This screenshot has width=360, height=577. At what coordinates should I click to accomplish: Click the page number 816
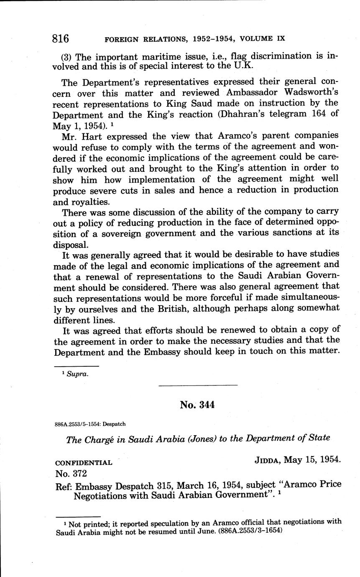tap(61, 39)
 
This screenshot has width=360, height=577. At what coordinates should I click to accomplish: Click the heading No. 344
tap(197, 405)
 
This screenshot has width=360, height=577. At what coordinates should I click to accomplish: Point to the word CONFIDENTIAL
tap(84, 463)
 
